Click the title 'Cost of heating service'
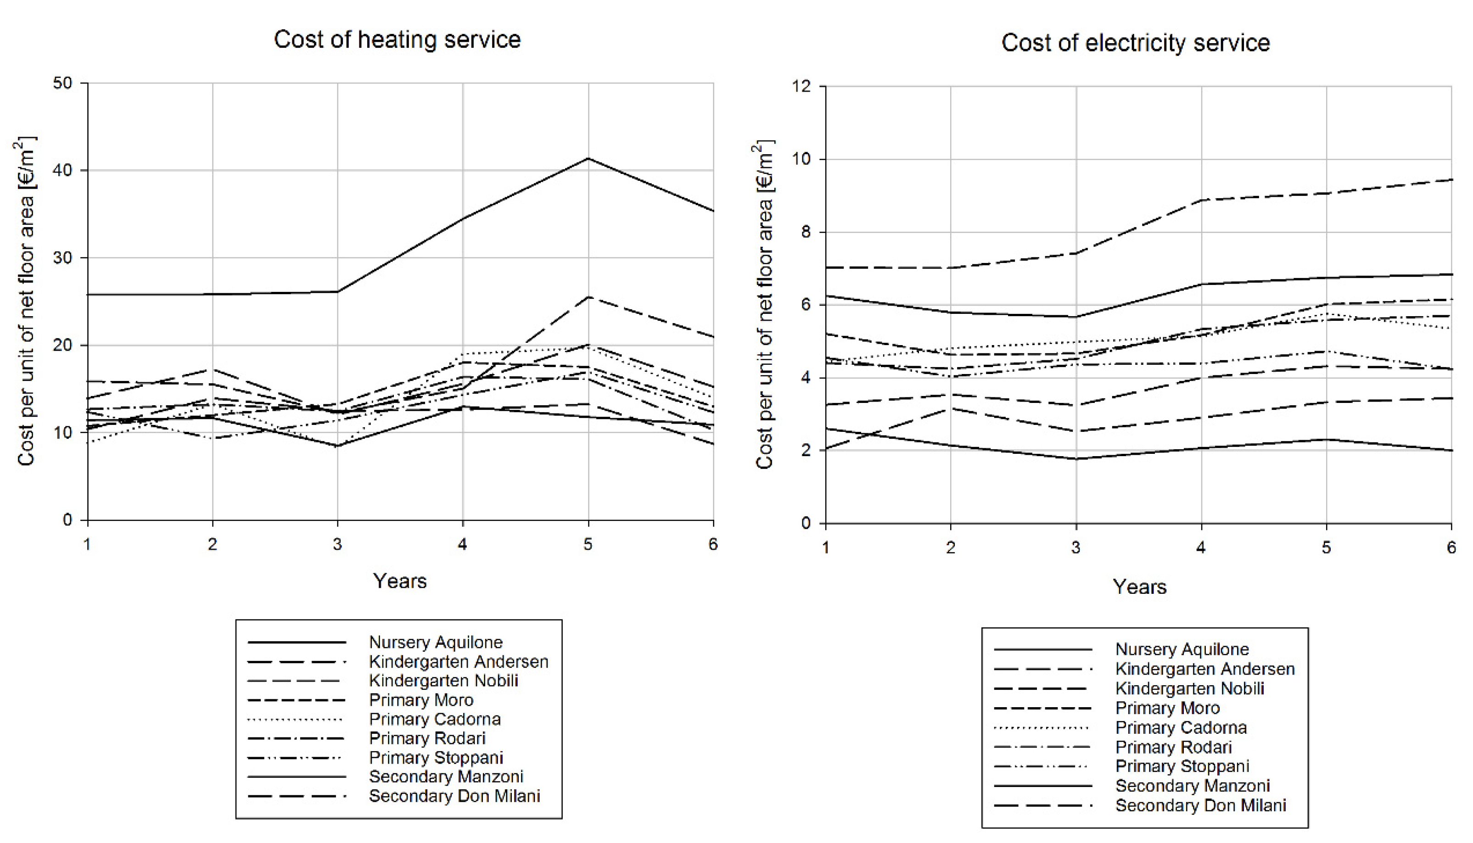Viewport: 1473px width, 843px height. pos(397,40)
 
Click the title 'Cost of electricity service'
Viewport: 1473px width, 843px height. pos(1136,43)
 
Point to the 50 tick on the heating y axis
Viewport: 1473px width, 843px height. pos(62,83)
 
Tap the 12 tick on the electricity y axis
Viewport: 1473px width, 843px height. pos(802,86)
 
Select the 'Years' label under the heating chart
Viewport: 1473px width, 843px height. pos(399,580)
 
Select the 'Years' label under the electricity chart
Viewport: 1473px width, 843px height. pos(1139,586)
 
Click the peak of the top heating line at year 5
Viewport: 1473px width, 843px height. pos(588,158)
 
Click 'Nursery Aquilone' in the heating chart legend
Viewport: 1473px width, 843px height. pos(436,642)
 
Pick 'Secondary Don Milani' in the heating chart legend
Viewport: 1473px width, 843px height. pos(454,796)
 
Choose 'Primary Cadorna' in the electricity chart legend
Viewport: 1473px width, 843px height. pos(1181,727)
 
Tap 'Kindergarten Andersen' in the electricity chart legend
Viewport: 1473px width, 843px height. pos(1205,669)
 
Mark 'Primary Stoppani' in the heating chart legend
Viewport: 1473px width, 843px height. pos(436,757)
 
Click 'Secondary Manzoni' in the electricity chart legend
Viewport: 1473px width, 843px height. pos(1193,786)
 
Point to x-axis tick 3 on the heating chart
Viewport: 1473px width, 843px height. pos(337,544)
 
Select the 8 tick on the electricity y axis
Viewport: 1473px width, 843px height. pos(807,232)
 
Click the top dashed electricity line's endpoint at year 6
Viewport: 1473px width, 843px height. pos(1451,179)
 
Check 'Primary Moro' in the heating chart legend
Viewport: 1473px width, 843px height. pos(421,700)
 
